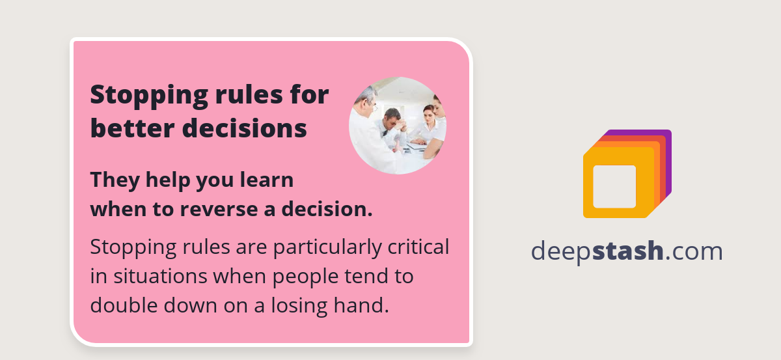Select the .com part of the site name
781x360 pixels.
[694, 251]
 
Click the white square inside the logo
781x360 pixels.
[614, 186]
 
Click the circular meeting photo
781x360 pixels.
[398, 126]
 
